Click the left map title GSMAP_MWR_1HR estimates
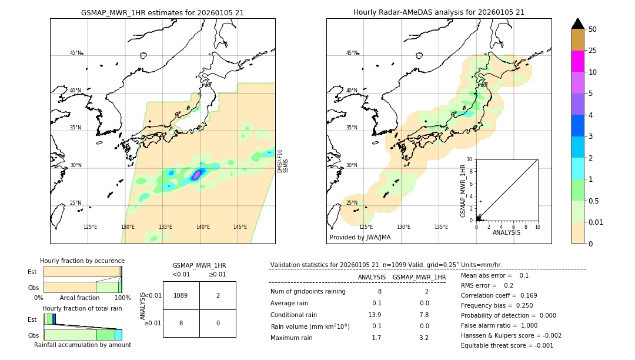(162, 12)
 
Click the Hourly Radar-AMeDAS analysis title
(439, 12)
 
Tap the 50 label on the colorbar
(593, 29)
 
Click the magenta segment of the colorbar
(577, 61)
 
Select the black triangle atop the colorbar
(577, 24)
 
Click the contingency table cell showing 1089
(181, 295)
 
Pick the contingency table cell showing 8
(181, 323)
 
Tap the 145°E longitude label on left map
(240, 227)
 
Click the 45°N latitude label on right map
(352, 53)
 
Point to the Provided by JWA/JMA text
(360, 238)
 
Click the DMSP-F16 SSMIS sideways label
(283, 161)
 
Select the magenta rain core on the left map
(198, 174)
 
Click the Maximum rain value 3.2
(423, 338)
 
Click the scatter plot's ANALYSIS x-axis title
(506, 233)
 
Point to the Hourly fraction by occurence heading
(82, 261)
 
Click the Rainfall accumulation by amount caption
(82, 345)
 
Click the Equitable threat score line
(507, 345)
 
